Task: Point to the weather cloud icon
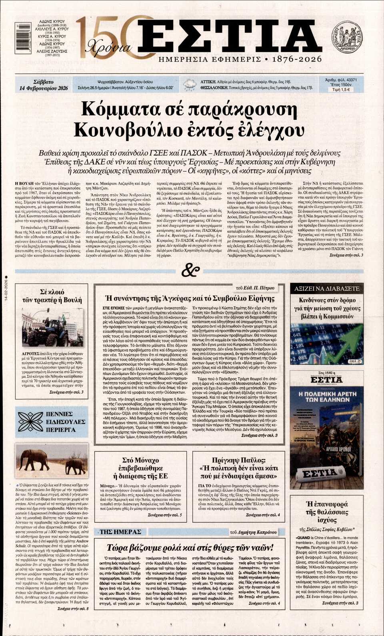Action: (189, 85)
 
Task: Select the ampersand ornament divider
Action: (190, 271)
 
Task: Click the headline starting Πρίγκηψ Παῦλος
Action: (238, 468)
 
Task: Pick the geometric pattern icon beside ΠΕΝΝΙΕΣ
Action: (30, 421)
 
